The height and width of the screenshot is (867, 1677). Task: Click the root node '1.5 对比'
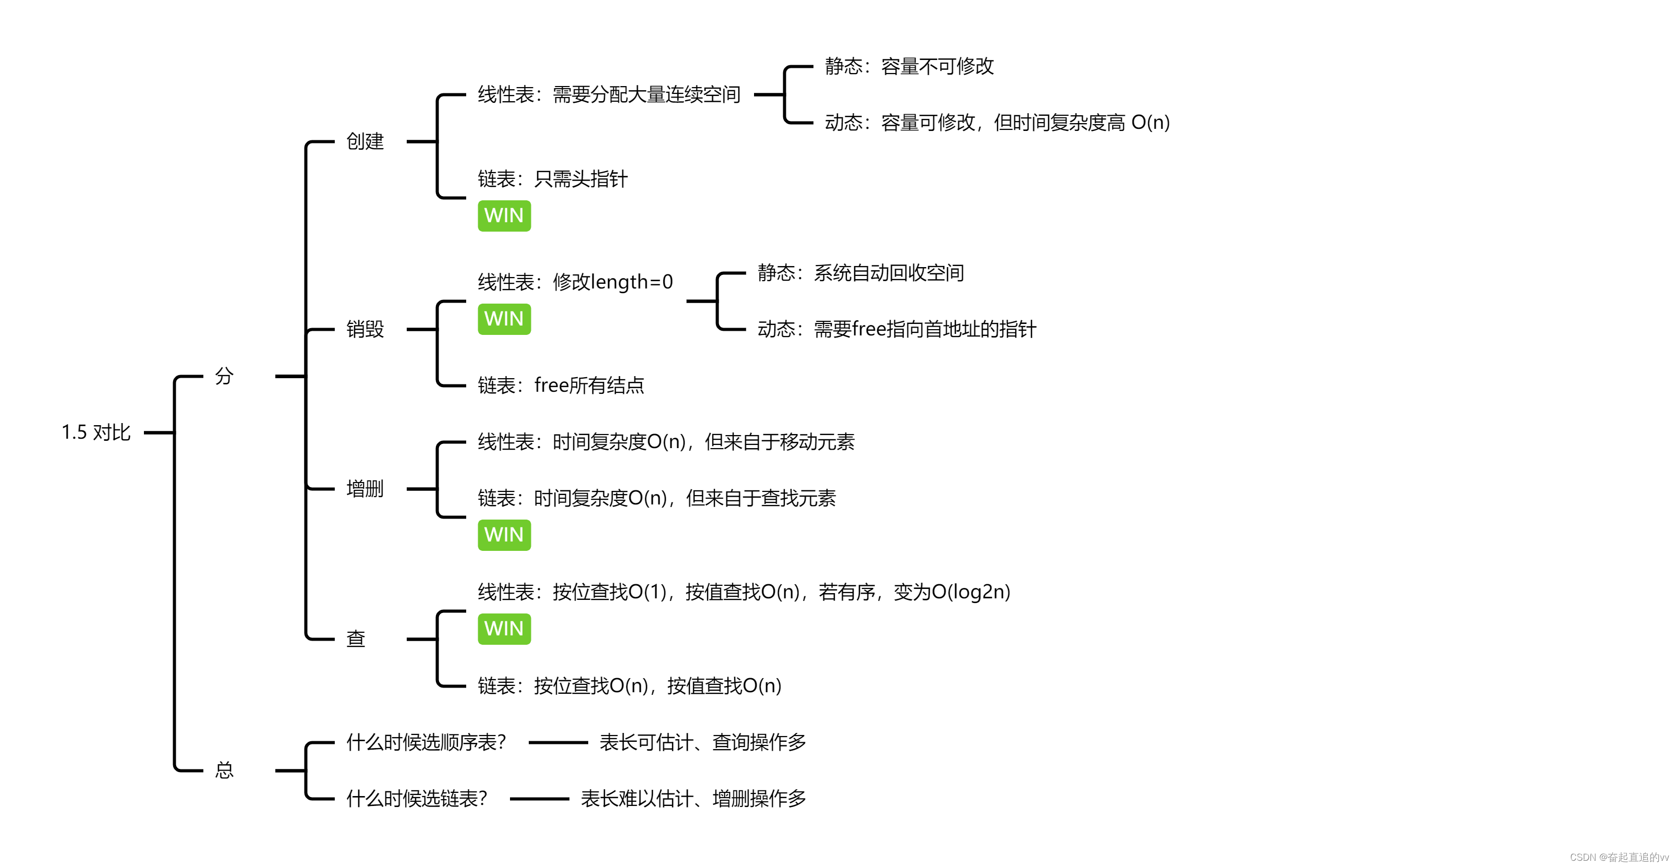pyautogui.click(x=96, y=432)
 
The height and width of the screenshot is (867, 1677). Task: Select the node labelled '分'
pyautogui.click(x=224, y=376)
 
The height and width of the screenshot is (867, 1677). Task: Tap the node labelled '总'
pyautogui.click(x=224, y=770)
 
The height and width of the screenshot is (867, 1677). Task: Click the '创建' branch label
pyautogui.click(x=364, y=141)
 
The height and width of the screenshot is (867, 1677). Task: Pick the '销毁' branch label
pyautogui.click(x=364, y=329)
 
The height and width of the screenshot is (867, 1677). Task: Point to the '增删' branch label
pyautogui.click(x=364, y=489)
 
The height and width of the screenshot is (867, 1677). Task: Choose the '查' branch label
pyautogui.click(x=356, y=639)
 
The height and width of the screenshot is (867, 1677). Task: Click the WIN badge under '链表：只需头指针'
pyautogui.click(x=504, y=215)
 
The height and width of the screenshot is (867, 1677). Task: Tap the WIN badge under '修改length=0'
pyautogui.click(x=504, y=319)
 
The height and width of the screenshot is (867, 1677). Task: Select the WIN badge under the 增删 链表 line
pyautogui.click(x=504, y=535)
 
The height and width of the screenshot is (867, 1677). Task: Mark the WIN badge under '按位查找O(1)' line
pyautogui.click(x=504, y=629)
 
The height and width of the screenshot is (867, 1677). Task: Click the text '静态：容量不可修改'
pyautogui.click(x=909, y=66)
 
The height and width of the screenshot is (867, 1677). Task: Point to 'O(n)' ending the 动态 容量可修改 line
pyautogui.click(x=1150, y=123)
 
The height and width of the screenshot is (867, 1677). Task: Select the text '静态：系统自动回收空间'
pyautogui.click(x=860, y=272)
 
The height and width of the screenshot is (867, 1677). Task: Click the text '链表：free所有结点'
pyautogui.click(x=561, y=385)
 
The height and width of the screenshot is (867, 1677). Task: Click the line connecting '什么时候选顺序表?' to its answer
pyautogui.click(x=558, y=742)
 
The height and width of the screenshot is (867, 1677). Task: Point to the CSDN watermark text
pyautogui.click(x=1619, y=857)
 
